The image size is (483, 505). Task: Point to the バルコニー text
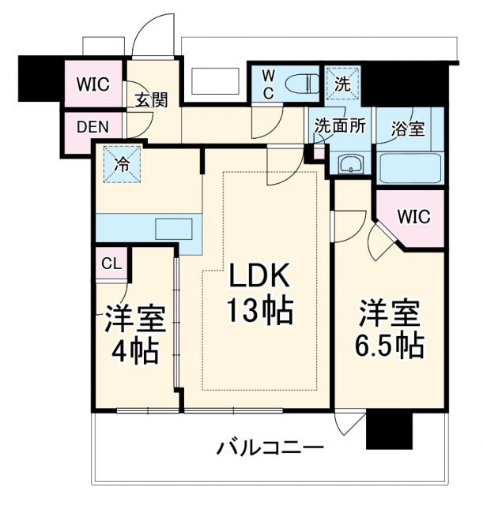point(270,449)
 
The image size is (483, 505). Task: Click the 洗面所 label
point(340,126)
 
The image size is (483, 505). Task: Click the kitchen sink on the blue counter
point(175,230)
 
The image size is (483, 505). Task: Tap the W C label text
point(268,84)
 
